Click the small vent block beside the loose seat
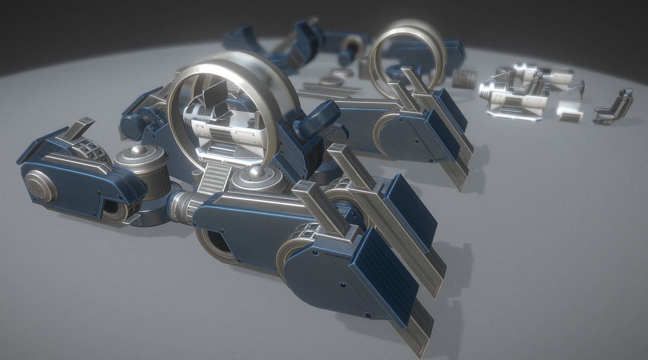pos(571,112)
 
